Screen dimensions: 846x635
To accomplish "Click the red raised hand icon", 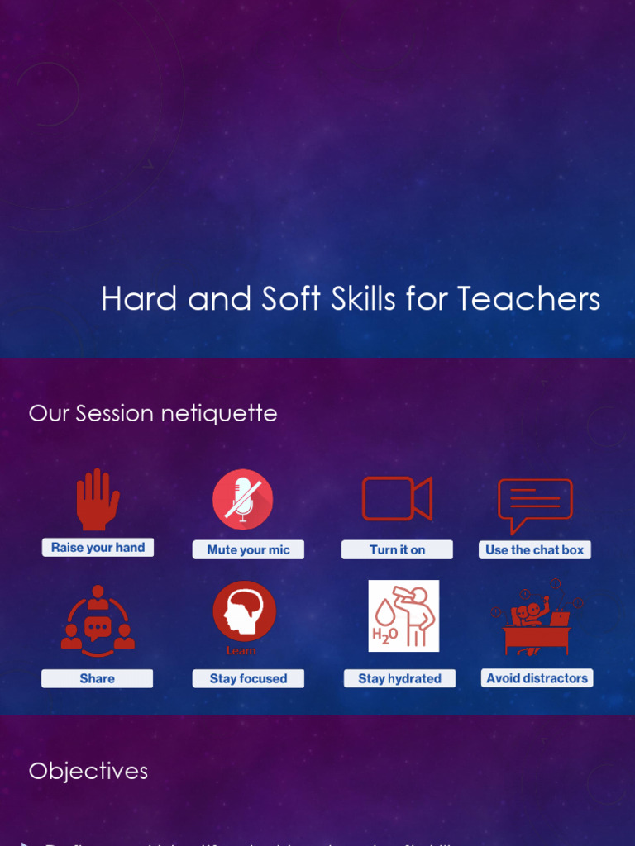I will tap(98, 500).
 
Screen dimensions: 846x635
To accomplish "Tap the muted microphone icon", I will tap(242, 499).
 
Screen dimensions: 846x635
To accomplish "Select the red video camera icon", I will tap(397, 499).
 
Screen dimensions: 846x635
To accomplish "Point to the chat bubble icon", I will tap(535, 504).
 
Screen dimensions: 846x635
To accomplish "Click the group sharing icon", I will tap(98, 620).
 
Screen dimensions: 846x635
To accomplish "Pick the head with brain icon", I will tap(243, 612).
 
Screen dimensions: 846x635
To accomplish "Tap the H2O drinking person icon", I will tap(403, 616).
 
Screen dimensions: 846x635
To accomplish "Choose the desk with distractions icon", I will tap(537, 621).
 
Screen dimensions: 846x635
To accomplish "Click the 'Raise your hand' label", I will tap(98, 547).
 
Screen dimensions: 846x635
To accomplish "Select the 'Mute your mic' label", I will tap(248, 549).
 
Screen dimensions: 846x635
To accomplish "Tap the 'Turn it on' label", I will tap(397, 549).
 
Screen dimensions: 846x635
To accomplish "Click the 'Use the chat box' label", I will tap(534, 549).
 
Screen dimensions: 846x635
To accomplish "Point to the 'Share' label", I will tap(97, 678).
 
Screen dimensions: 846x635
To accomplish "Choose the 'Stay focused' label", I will tap(248, 678).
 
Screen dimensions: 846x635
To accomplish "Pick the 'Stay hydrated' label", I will tap(399, 678).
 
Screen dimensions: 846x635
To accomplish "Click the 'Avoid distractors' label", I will tap(537, 678).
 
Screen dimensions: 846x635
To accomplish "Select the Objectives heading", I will tap(88, 771).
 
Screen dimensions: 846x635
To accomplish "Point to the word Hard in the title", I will tap(140, 299).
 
